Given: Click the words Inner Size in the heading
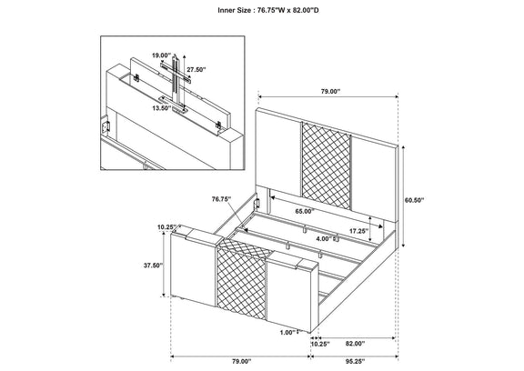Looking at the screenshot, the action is click(234, 10).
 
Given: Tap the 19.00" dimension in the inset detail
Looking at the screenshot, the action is click(161, 55).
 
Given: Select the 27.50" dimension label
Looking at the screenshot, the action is click(196, 70).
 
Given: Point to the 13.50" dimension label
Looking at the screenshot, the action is click(161, 108).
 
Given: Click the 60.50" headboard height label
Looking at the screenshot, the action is click(415, 200).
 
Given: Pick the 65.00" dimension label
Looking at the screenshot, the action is click(305, 211).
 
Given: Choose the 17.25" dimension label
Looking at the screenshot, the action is click(359, 231).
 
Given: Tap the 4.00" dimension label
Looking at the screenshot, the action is click(323, 239).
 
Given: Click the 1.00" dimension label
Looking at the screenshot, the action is click(288, 332).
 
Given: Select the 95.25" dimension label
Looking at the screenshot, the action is click(355, 361).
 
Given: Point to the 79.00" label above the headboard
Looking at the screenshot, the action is click(330, 91).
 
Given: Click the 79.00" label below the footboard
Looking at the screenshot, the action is click(241, 361).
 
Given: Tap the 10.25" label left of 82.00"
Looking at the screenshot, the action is click(320, 344).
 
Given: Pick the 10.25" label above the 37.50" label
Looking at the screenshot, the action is click(167, 227).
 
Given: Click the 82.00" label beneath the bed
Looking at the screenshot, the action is click(355, 344).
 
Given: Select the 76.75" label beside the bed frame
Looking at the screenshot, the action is click(222, 199).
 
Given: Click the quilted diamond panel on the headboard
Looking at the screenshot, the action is click(327, 166).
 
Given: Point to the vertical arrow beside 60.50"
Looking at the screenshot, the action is click(403, 196).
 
